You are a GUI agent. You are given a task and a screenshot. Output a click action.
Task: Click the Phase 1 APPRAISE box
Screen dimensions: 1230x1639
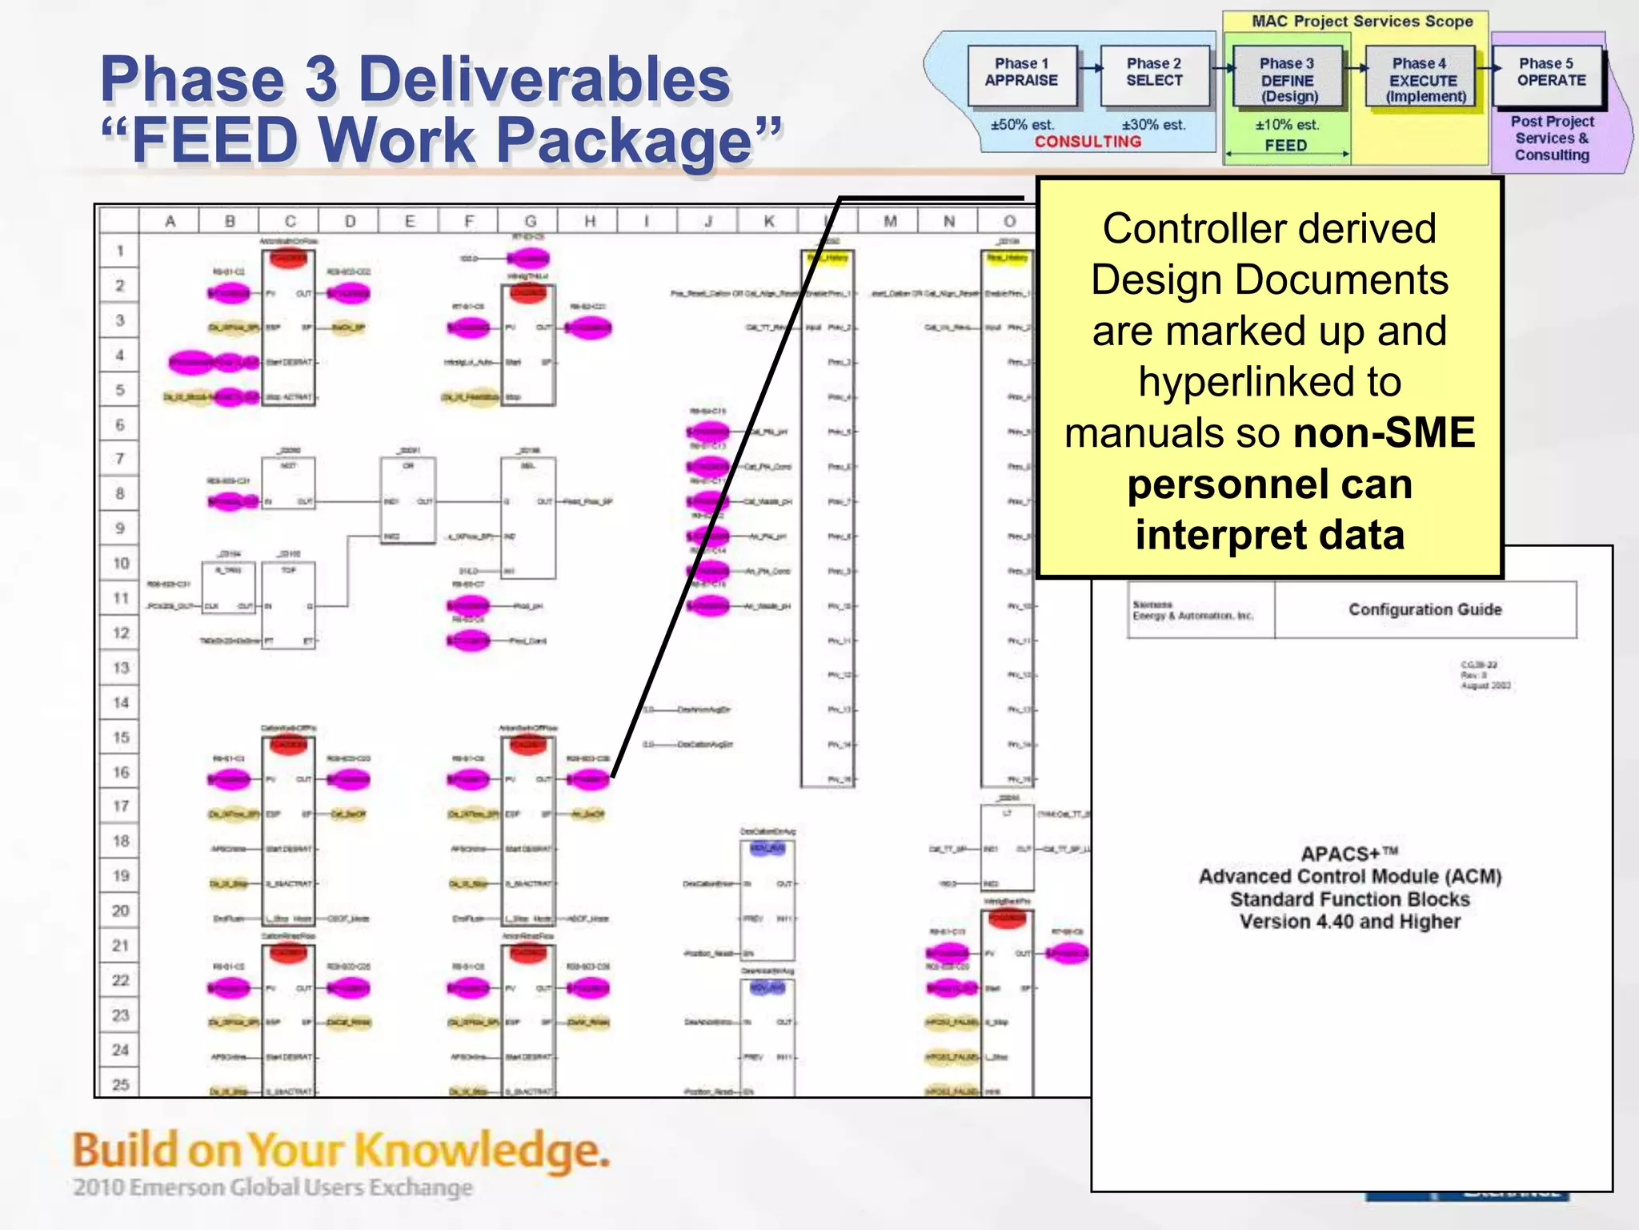point(1021,74)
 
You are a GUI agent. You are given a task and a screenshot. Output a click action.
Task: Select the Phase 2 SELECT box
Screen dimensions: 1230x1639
point(1154,74)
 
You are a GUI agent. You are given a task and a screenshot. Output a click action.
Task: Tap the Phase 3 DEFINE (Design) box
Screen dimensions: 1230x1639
point(1287,78)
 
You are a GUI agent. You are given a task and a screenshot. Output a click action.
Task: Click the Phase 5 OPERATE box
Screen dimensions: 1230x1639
point(1550,74)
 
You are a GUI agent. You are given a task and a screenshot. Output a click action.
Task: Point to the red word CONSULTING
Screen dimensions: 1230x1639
point(1088,142)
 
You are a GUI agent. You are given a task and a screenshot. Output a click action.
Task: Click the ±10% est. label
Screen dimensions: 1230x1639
point(1287,125)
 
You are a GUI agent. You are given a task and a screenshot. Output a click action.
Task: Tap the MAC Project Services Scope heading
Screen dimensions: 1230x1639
point(1362,22)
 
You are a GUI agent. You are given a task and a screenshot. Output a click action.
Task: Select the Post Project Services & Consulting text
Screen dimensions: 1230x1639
point(1552,139)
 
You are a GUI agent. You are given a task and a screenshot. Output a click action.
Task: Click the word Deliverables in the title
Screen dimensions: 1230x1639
point(544,80)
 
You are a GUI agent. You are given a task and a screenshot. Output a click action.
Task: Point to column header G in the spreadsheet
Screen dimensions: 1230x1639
point(530,221)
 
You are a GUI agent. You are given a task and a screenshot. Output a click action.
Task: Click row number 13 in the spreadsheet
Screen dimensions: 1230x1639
point(121,668)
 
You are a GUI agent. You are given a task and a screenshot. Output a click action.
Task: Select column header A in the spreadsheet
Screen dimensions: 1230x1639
point(170,221)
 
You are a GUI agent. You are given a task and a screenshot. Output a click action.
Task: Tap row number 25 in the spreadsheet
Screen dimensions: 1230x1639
point(121,1084)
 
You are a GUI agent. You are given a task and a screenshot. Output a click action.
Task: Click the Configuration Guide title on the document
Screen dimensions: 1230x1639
point(1425,609)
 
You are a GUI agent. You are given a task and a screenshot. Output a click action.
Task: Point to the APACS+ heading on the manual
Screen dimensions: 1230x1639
point(1349,854)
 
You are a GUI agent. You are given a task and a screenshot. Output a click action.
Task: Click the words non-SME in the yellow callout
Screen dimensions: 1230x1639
point(1384,433)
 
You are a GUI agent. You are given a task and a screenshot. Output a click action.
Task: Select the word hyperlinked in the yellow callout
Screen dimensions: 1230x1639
point(1269,382)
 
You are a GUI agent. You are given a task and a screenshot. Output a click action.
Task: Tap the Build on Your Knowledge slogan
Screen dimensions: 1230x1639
point(341,1150)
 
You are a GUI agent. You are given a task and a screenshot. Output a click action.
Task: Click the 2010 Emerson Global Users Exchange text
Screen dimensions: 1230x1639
point(273,1187)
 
